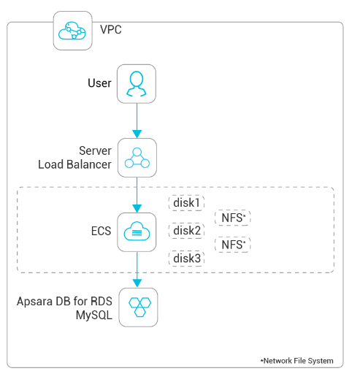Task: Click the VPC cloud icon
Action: (x=72, y=31)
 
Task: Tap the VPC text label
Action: (x=111, y=30)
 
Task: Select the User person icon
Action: (x=137, y=83)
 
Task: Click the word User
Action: (x=99, y=83)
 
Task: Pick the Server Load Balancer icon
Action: (x=137, y=158)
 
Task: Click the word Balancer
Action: (x=89, y=164)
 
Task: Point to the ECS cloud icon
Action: (x=137, y=232)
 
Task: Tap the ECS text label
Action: (x=101, y=231)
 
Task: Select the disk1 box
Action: (x=186, y=203)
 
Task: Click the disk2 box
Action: (x=186, y=231)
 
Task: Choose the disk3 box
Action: (x=186, y=259)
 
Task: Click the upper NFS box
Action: (x=233, y=218)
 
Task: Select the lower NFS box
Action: (x=233, y=245)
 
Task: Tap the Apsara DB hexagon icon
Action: (x=139, y=307)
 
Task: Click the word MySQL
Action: (x=94, y=316)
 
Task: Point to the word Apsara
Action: (x=35, y=302)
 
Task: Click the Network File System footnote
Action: (x=296, y=361)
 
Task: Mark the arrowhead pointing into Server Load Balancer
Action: (x=137, y=134)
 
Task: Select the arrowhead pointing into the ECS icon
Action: (x=137, y=209)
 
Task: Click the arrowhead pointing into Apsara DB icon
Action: (x=137, y=283)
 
